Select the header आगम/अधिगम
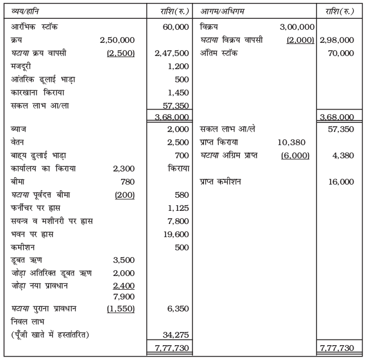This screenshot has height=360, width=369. point(223,11)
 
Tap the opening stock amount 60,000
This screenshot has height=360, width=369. point(176,27)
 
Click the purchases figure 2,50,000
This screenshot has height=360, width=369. point(117,40)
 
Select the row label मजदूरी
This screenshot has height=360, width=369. point(22,66)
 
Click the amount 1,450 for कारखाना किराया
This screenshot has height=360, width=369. point(179,92)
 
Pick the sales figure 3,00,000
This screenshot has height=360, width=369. point(298,27)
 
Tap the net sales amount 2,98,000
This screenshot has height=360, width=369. point(337,40)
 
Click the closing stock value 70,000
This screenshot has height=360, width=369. point(341,53)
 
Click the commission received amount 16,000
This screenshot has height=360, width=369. point(341,182)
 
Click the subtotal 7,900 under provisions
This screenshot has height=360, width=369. point(124,296)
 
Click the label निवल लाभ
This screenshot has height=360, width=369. point(26,322)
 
